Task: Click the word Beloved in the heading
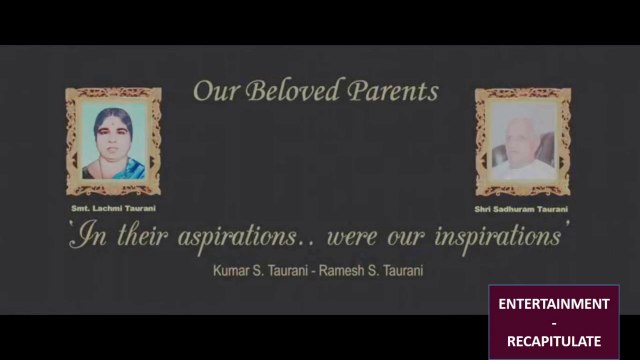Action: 292,90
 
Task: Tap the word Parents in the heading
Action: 393,91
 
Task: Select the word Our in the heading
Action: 216,91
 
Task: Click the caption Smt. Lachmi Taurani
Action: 113,208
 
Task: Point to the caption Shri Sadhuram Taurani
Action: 521,209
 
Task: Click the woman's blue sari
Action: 127,169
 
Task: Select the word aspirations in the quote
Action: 238,237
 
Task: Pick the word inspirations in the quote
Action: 498,237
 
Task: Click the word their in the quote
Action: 142,236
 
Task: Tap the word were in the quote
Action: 351,238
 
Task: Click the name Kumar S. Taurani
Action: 260,271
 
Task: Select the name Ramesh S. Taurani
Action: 371,271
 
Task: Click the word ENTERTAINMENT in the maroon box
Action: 554,304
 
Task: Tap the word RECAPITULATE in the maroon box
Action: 554,341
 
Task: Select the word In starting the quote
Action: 89,235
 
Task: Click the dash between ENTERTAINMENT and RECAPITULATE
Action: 554,324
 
